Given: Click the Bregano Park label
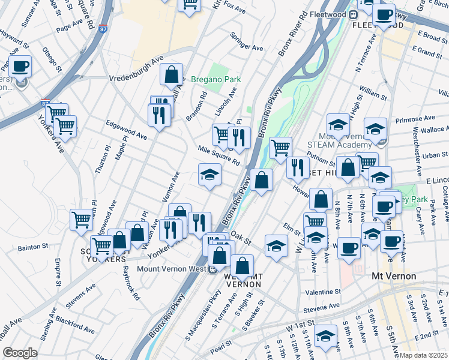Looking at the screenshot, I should tap(215, 79).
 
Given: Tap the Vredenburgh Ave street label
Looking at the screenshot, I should tap(136, 69).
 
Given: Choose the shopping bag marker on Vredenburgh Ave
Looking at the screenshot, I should tap(172, 75).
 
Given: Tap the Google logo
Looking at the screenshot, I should tap(19, 352).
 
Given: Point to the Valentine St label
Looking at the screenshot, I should tap(323, 292).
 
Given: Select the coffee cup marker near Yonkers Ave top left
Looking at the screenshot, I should tap(20, 67).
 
